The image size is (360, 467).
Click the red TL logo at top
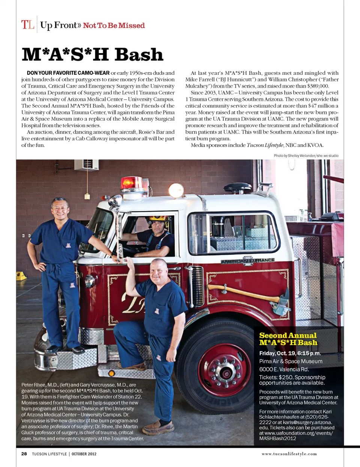pos(28,25)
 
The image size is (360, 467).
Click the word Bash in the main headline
pos(139,55)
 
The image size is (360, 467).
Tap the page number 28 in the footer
pos(24,453)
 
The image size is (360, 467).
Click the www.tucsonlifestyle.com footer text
pos(289,454)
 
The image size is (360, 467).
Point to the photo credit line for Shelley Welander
pos(306,156)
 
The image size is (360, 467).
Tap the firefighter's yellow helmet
pos(158,218)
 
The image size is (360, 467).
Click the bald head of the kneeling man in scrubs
pos(159,264)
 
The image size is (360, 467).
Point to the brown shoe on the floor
pos(158,427)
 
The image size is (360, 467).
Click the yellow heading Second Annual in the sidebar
pos(288,335)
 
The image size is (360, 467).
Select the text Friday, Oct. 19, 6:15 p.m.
pos(290,353)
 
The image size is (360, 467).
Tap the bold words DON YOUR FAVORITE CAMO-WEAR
pos(68,73)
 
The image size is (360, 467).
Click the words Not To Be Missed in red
pos(114,26)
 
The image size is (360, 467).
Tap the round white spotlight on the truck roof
pos(176,191)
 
